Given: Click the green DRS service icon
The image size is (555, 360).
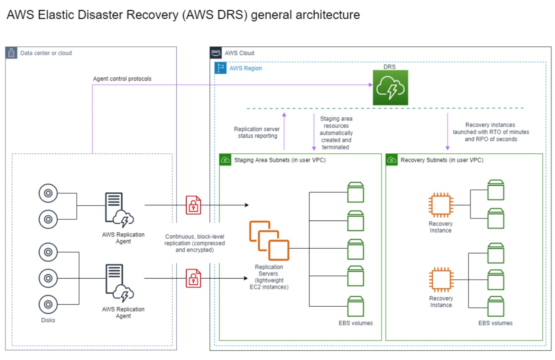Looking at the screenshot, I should click(x=390, y=88).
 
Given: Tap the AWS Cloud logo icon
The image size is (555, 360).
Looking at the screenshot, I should click(x=215, y=53).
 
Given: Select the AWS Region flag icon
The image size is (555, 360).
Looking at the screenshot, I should click(x=220, y=68).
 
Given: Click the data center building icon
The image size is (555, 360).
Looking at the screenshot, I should click(x=12, y=53).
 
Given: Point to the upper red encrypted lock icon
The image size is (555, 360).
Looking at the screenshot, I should click(x=193, y=204).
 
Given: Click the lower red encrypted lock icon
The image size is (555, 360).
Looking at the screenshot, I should click(x=193, y=278).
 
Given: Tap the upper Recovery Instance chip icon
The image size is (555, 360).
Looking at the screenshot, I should click(x=441, y=205).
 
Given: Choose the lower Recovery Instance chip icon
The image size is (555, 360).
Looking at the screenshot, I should click(x=441, y=280).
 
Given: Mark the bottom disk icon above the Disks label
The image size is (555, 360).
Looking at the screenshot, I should click(x=48, y=304).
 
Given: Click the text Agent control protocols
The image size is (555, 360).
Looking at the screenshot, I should click(x=122, y=79).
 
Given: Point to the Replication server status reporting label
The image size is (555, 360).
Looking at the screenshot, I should click(x=257, y=132).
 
